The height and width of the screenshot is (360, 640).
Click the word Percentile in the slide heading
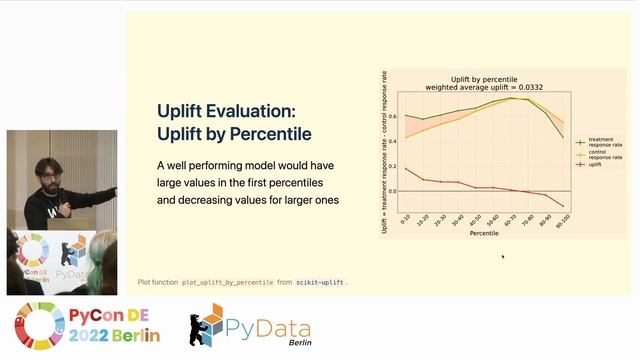[269, 134]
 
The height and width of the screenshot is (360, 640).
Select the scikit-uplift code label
[320, 283]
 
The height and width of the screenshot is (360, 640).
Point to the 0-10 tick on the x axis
[404, 218]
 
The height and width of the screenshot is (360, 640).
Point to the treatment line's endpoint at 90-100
[563, 137]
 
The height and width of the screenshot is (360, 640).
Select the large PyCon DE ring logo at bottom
[38, 325]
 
